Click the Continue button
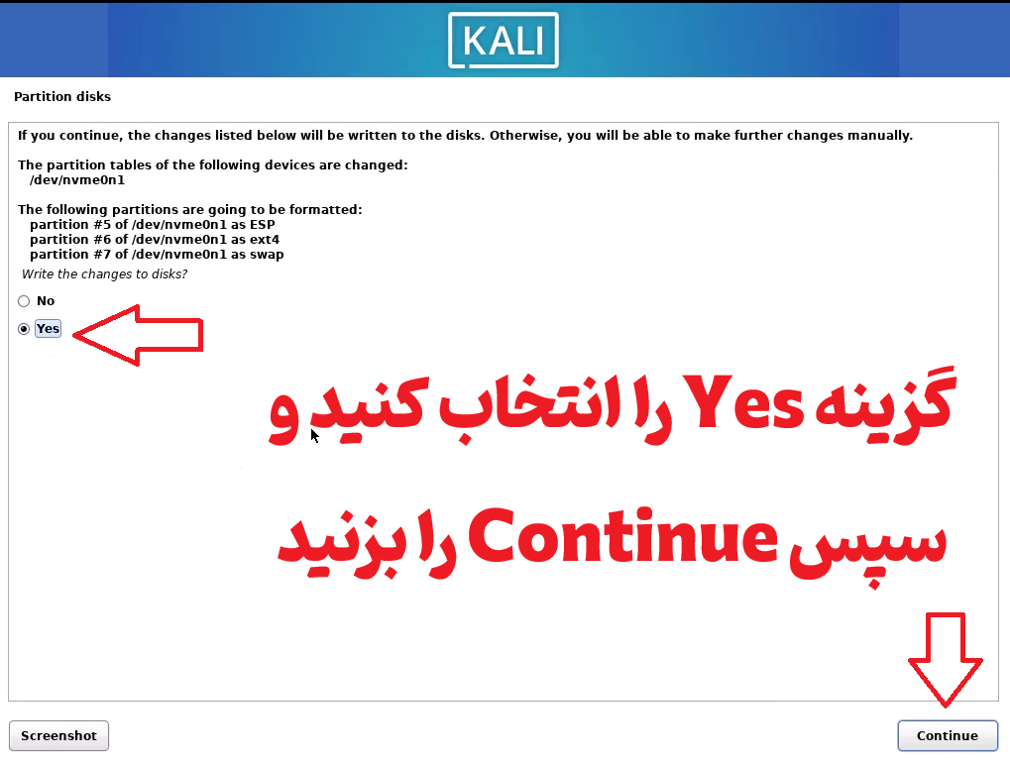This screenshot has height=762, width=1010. (x=947, y=735)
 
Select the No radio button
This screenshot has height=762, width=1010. (x=24, y=301)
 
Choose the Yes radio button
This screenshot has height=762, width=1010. (x=24, y=329)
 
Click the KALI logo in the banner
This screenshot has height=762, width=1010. (x=504, y=40)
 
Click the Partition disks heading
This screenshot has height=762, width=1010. (x=62, y=97)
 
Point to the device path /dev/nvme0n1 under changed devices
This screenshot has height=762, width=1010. (x=77, y=180)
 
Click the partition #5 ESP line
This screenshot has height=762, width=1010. (x=153, y=225)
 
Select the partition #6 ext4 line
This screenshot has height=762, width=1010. (x=155, y=240)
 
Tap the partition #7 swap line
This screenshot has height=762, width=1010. (x=157, y=255)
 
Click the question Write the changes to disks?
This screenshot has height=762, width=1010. (x=104, y=274)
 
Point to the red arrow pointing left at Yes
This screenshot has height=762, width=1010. (x=138, y=335)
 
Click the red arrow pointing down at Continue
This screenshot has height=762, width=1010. (x=945, y=660)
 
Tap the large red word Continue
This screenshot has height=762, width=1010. (x=622, y=537)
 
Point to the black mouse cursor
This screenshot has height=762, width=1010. (x=314, y=436)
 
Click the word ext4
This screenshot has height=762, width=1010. (x=265, y=240)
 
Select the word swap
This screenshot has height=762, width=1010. (x=267, y=255)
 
